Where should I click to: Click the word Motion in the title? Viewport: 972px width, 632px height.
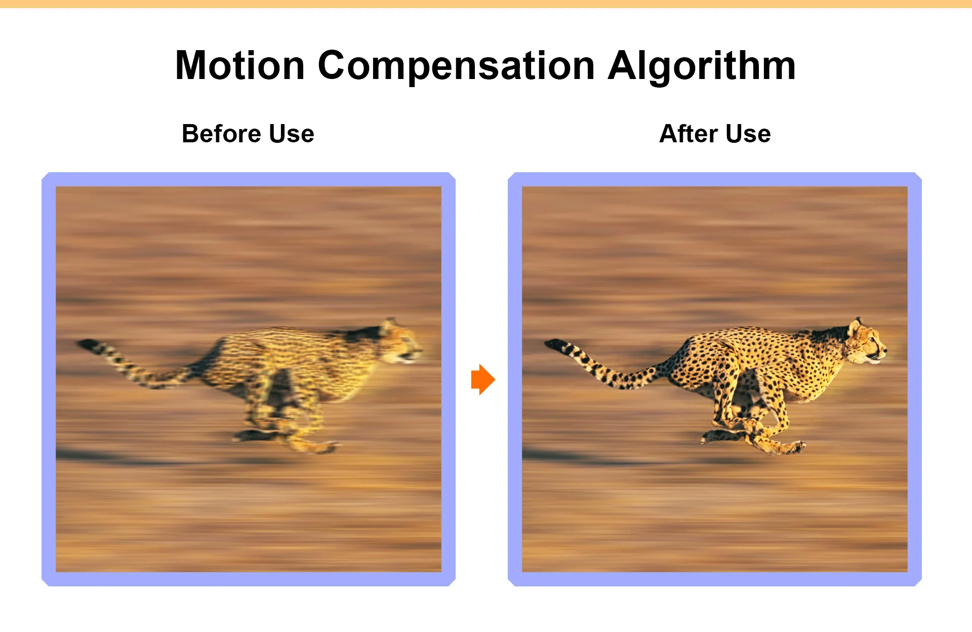click(x=240, y=65)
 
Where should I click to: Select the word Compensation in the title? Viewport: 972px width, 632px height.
click(x=456, y=67)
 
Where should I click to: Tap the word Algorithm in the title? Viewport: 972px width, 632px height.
click(x=702, y=67)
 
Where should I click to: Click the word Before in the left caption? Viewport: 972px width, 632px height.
click(x=221, y=134)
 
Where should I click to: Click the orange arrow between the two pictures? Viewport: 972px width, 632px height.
click(x=483, y=379)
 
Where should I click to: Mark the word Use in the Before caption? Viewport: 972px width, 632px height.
click(x=292, y=134)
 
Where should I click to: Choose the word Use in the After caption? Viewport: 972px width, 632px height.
click(x=748, y=134)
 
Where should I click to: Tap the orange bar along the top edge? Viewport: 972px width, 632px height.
click(x=486, y=4)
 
